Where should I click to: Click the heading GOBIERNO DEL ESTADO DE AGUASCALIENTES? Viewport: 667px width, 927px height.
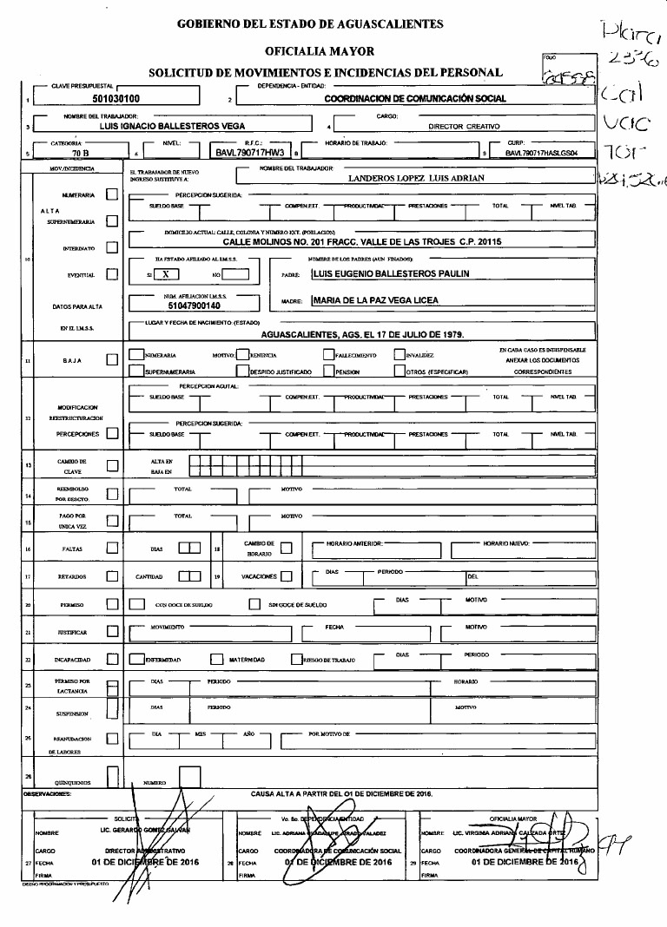(310, 24)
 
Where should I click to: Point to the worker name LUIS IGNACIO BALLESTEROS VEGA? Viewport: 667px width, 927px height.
(167, 126)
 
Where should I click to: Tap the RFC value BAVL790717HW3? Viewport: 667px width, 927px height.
(250, 152)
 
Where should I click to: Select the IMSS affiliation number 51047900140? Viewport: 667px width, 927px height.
(195, 306)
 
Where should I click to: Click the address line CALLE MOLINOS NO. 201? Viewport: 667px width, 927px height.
(363, 242)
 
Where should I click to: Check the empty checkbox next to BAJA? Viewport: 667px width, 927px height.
(111, 359)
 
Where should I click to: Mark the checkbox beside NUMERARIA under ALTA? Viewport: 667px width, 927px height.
(111, 195)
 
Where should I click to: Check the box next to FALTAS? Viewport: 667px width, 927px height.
(111, 548)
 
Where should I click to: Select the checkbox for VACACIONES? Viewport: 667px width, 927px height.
(287, 576)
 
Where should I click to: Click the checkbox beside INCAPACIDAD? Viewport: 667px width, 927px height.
(111, 660)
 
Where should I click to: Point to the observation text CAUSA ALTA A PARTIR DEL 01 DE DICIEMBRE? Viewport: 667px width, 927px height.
(341, 793)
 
